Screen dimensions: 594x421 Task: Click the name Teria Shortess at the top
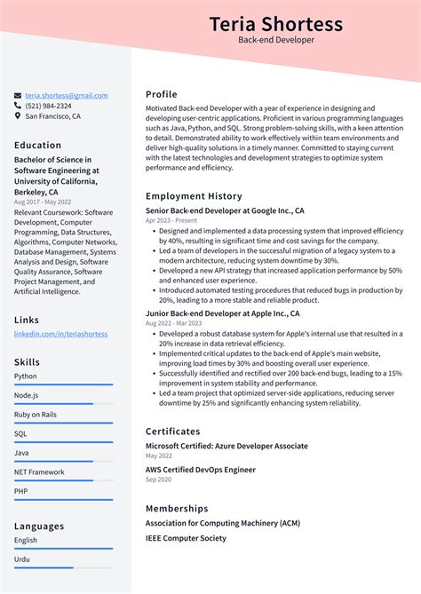[x=275, y=23]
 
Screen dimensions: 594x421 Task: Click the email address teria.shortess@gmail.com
[x=67, y=96]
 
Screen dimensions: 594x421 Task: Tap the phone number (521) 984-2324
[x=49, y=106]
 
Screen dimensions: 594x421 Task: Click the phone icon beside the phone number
[x=18, y=106]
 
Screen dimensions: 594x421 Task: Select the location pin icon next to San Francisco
[x=18, y=116]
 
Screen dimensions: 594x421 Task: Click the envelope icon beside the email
[x=18, y=96]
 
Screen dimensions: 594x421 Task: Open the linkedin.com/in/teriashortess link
[x=60, y=334]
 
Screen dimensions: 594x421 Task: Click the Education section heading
[x=38, y=145]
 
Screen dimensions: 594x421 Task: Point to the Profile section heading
[x=162, y=94]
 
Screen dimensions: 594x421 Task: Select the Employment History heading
[x=194, y=195]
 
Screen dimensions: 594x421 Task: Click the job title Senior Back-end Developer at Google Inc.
[x=225, y=210]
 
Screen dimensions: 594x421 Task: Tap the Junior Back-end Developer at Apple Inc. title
[x=222, y=313]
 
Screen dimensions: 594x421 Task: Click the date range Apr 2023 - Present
[x=171, y=220]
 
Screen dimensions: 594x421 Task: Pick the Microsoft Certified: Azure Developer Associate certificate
[x=226, y=446]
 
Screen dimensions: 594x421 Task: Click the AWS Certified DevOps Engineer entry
[x=200, y=470]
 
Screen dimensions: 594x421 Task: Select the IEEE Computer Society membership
[x=186, y=538]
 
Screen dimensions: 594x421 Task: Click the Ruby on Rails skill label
[x=36, y=414]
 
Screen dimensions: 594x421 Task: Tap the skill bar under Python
[x=63, y=384]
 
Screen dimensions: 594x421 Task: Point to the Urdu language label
[x=22, y=559]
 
